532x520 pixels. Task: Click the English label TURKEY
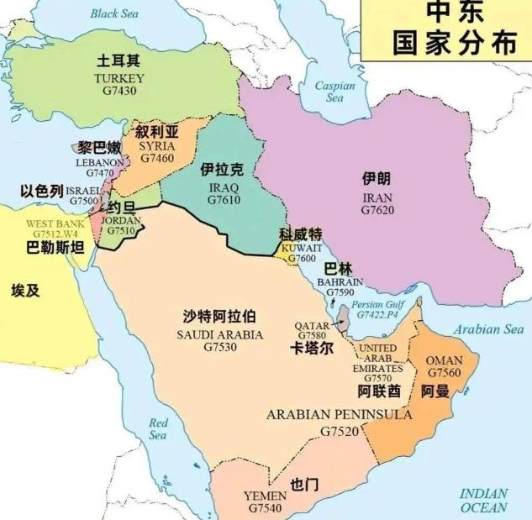click(x=119, y=78)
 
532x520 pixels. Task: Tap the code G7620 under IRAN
click(x=377, y=210)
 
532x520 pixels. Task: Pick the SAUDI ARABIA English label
click(x=219, y=334)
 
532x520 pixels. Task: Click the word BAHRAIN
click(x=340, y=282)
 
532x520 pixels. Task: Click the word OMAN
click(x=445, y=359)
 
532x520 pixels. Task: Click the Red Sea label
click(x=158, y=428)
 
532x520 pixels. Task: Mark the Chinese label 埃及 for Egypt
click(x=25, y=291)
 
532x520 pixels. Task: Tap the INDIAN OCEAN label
click(x=484, y=500)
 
